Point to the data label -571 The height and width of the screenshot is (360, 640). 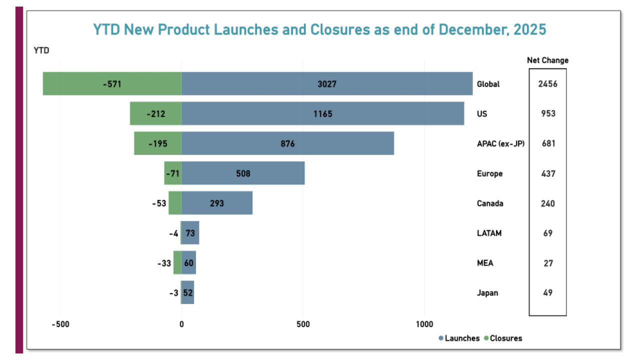tap(112, 84)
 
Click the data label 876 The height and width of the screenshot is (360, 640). tap(287, 143)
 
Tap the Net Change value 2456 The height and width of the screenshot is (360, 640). tap(547, 84)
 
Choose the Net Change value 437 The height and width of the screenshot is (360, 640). tap(547, 173)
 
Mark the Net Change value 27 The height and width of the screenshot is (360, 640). tap(548, 263)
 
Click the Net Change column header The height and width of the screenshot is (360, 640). tap(547, 60)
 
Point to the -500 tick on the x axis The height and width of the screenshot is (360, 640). tap(60, 324)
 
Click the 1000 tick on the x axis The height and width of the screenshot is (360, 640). tap(424, 324)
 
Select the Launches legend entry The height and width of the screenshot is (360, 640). tap(459, 338)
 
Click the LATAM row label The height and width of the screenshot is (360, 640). tap(489, 233)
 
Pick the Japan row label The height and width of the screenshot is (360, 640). tap(487, 293)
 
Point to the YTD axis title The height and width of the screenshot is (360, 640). tap(41, 50)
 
